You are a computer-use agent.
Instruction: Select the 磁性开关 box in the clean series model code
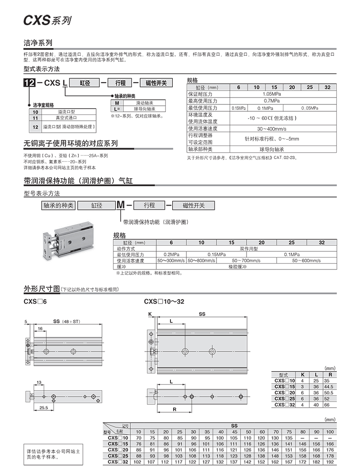156,83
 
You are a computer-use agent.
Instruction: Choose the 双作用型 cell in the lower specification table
249,249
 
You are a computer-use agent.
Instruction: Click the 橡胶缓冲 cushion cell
249,266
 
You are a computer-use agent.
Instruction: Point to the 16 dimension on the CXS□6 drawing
40,328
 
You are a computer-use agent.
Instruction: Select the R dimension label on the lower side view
175,409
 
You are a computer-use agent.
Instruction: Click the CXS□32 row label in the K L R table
285,404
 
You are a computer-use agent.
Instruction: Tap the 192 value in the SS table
330,461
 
